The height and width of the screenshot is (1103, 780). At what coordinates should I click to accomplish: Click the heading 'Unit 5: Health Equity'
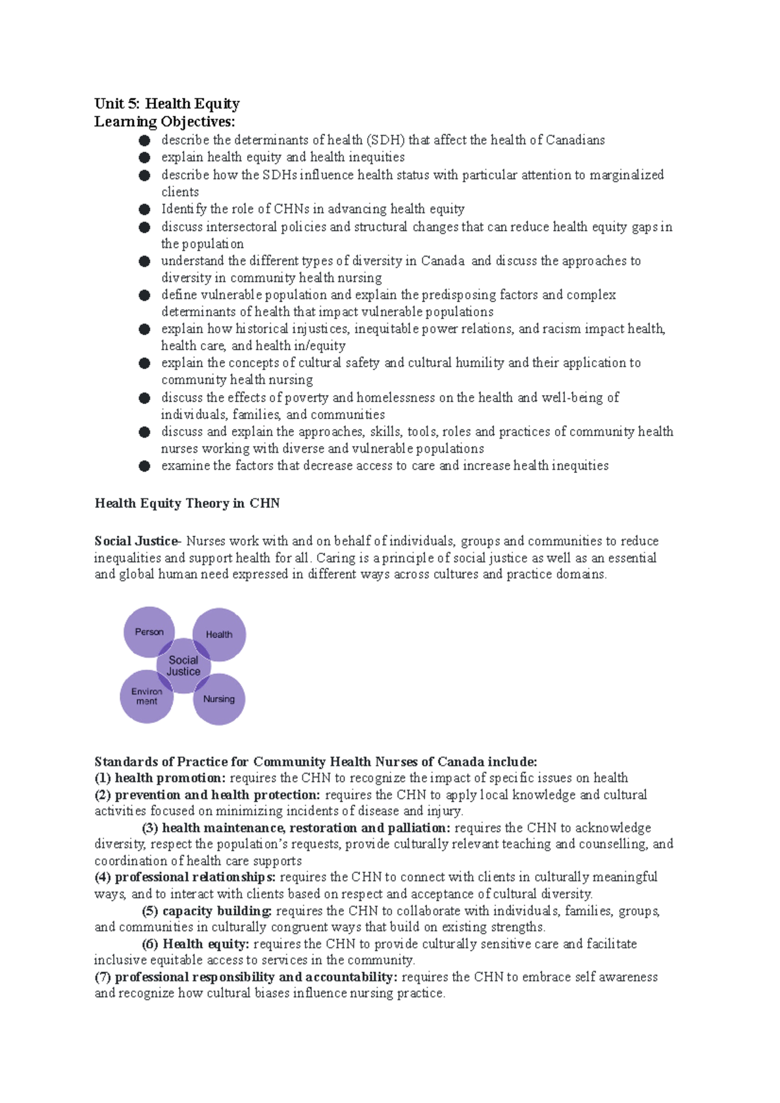[x=166, y=104]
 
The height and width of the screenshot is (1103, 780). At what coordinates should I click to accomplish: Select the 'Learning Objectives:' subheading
[x=164, y=121]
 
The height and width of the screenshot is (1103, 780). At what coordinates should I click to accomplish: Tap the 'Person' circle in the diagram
[x=149, y=631]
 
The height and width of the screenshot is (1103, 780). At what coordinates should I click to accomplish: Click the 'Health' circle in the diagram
[x=219, y=634]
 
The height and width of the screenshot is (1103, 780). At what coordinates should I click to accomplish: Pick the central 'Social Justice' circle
[x=183, y=666]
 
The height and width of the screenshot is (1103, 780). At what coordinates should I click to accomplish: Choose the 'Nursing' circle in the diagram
[x=219, y=699]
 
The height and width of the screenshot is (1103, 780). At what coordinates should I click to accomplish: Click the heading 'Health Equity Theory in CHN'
[x=187, y=503]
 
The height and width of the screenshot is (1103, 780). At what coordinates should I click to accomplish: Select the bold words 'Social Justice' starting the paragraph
[x=135, y=541]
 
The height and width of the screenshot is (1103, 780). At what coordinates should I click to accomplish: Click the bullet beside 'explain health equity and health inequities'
[x=144, y=157]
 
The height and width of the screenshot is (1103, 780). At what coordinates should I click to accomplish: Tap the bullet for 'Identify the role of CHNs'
[x=144, y=209]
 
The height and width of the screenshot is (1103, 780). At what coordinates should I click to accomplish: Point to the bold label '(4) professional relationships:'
[x=185, y=878]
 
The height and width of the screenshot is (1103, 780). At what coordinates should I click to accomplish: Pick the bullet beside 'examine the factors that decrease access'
[x=144, y=466]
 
